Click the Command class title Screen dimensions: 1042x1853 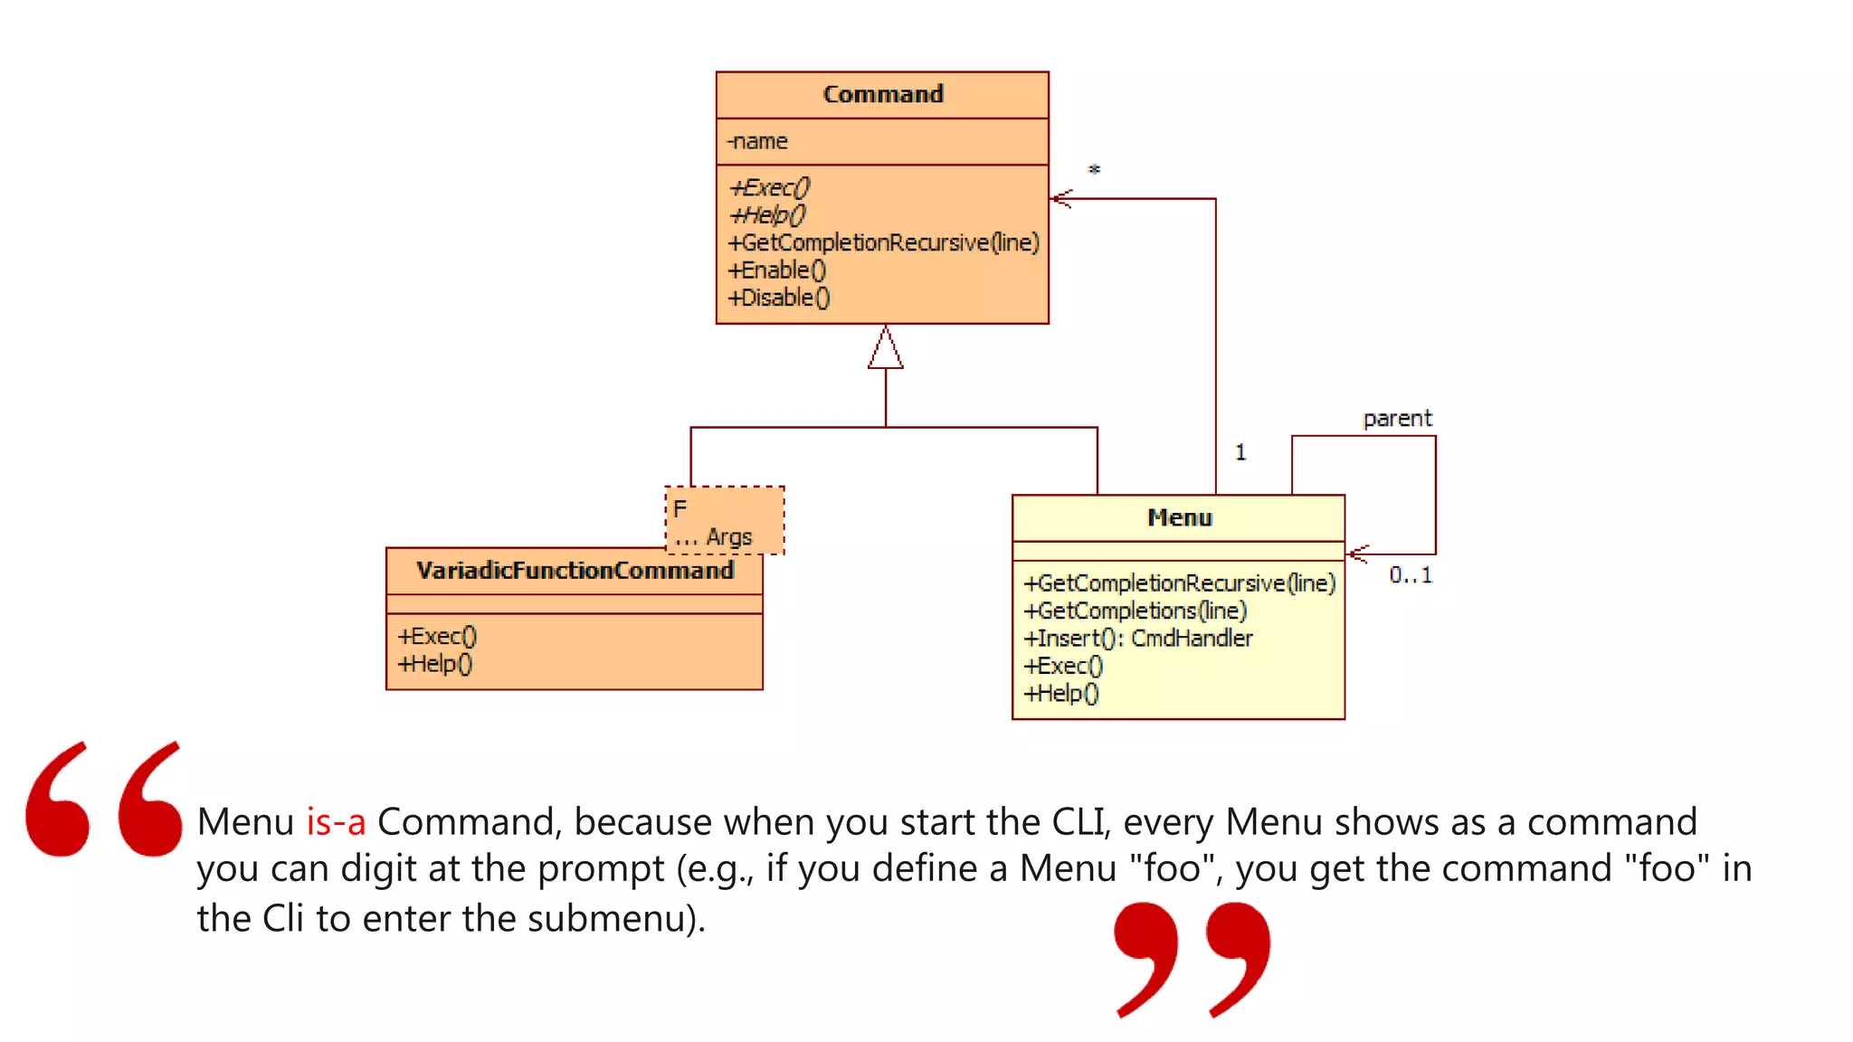(x=882, y=94)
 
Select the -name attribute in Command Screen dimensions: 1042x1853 (x=758, y=141)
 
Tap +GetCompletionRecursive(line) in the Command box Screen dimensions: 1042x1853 (x=883, y=242)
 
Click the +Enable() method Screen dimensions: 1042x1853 (x=777, y=270)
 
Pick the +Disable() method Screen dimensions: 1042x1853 (x=779, y=298)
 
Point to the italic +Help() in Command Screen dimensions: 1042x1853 (x=768, y=215)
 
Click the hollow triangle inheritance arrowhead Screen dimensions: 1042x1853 (x=885, y=349)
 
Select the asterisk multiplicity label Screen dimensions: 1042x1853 (x=1094, y=170)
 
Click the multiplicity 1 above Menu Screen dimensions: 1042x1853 (x=1240, y=452)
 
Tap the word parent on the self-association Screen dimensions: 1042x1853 (x=1397, y=419)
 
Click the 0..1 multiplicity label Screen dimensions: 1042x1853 (x=1411, y=575)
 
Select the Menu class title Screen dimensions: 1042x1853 (x=1179, y=517)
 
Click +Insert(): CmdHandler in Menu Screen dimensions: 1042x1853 (x=1137, y=639)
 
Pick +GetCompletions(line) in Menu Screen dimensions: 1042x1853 (x=1135, y=611)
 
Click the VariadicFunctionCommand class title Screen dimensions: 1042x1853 (x=575, y=571)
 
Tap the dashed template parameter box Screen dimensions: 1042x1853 (x=725, y=520)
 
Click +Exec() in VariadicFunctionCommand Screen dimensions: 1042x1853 (x=437, y=636)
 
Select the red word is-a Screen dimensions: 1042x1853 (x=336, y=822)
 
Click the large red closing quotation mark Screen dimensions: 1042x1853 (x=1193, y=959)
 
